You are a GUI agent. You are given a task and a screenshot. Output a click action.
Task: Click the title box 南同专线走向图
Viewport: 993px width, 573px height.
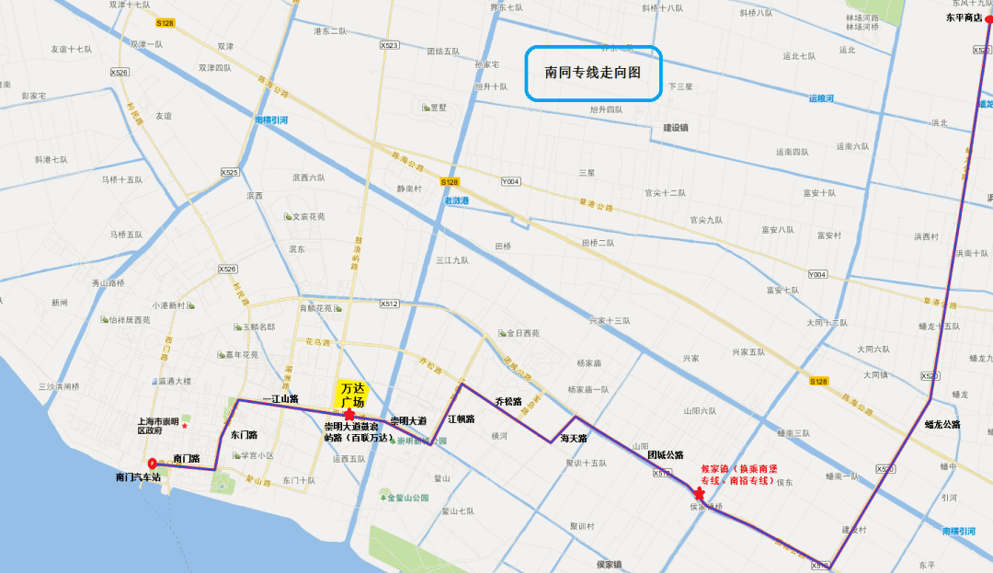pos(593,73)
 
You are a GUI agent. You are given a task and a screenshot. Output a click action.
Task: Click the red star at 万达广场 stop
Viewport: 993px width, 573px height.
pos(349,416)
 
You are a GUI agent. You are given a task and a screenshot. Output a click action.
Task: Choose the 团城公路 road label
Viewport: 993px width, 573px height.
pos(665,454)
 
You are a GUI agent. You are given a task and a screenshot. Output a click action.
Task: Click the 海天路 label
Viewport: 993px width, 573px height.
pos(574,439)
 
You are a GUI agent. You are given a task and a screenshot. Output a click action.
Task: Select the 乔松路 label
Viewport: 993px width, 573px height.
pos(508,402)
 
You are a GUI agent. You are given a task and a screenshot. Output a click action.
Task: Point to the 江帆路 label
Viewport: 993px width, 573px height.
pos(461,419)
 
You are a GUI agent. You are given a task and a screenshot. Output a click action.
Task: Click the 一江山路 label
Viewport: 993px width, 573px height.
pos(280,398)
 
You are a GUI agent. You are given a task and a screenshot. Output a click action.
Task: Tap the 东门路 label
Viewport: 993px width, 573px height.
pos(244,434)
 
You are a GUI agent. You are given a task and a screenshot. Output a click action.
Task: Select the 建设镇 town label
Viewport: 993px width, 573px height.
pos(676,127)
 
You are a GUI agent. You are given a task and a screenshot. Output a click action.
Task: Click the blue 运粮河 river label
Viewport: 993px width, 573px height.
pos(821,97)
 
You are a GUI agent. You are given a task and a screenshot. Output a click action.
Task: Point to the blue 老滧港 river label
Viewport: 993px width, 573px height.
pos(456,201)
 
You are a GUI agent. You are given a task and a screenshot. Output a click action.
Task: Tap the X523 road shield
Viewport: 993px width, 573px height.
pos(389,45)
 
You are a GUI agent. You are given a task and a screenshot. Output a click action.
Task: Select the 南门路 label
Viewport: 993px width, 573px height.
pos(187,457)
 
